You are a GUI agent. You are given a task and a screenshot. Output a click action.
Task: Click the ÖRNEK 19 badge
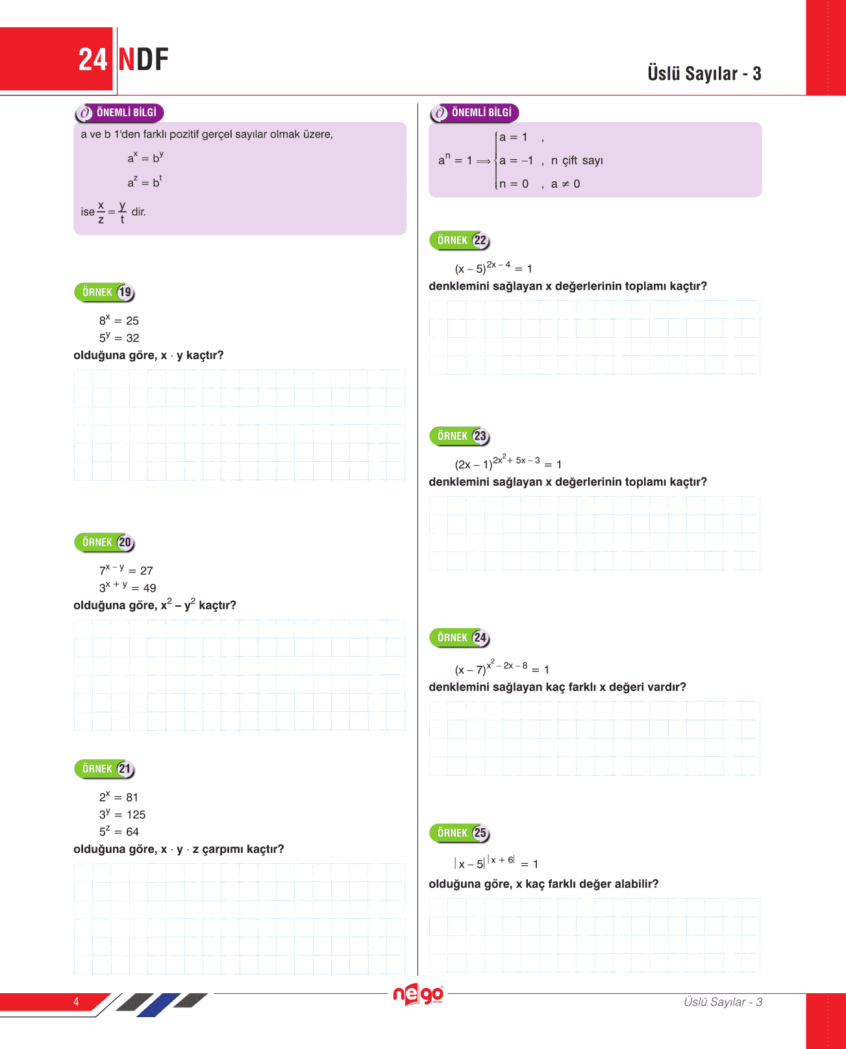tap(105, 292)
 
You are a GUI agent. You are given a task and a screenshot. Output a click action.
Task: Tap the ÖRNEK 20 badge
tap(105, 542)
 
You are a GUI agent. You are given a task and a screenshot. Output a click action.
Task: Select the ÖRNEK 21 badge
tap(105, 769)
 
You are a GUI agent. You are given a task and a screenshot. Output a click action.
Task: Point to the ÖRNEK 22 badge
tap(460, 240)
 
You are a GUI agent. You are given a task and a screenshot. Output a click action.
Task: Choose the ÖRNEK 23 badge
tap(460, 436)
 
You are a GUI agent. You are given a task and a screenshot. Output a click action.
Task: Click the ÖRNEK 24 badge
tap(460, 638)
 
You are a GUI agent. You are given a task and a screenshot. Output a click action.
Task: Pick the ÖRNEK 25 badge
tap(460, 833)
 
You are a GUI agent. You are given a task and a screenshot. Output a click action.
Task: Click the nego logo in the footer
tap(419, 994)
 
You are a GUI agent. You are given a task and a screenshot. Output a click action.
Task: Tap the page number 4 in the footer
tap(76, 1002)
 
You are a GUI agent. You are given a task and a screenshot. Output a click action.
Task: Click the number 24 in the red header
tap(92, 60)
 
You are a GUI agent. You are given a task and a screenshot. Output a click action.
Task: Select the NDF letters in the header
tap(143, 60)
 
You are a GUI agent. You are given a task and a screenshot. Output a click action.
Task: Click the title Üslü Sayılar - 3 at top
tap(704, 73)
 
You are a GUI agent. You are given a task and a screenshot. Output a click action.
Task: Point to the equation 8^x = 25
tap(119, 320)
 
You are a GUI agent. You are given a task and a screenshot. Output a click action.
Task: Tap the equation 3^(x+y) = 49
tap(127, 587)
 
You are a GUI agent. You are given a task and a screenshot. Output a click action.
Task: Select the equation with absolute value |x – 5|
tap(496, 863)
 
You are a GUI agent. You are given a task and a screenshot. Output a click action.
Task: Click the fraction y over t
tap(122, 212)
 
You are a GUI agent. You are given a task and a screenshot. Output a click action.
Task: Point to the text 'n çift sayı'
tap(577, 160)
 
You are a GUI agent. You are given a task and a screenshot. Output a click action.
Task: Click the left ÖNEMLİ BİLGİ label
tap(119, 113)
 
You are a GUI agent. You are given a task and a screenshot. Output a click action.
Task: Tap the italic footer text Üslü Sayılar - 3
tap(723, 1002)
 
